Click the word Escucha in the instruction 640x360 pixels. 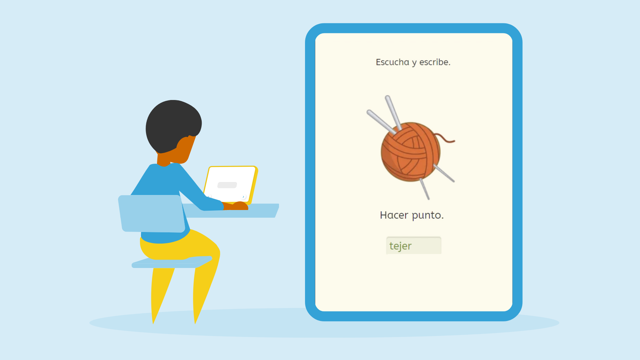point(392,62)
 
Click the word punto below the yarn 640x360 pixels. point(426,216)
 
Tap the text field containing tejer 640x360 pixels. point(414,246)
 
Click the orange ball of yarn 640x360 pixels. point(410,152)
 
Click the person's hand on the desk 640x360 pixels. point(239,206)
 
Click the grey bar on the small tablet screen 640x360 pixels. point(227,185)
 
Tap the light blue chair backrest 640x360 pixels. point(152,213)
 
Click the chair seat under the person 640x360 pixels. point(172,262)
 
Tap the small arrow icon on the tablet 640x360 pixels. point(243,197)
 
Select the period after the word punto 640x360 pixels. point(442,219)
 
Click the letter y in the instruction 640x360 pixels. point(414,63)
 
